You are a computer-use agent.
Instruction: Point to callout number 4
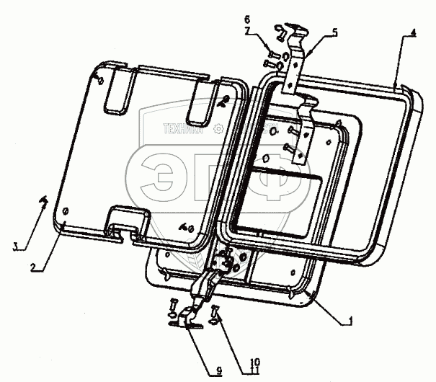[413, 32]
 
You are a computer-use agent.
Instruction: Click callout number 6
[246, 18]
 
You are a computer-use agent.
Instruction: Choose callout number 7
[246, 32]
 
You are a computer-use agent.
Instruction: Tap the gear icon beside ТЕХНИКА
[218, 130]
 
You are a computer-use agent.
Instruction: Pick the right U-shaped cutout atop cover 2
[202, 103]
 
